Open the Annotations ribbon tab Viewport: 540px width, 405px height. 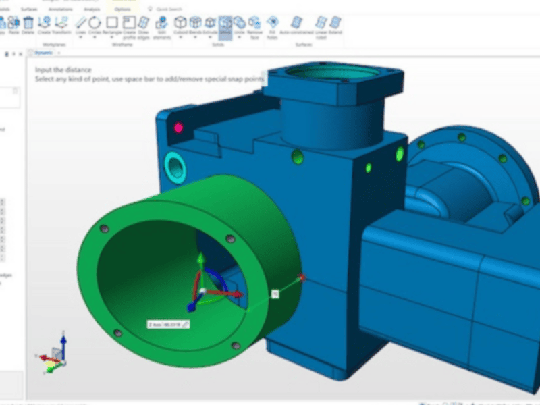[x=60, y=9]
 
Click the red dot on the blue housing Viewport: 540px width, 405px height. [x=179, y=127]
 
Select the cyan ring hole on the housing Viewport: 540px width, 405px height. [x=175, y=165]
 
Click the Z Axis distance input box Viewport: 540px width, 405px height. [x=169, y=324]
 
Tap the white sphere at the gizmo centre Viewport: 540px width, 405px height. [x=201, y=290]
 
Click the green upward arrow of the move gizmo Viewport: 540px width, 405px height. [x=200, y=259]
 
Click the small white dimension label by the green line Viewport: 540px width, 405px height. [x=275, y=293]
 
